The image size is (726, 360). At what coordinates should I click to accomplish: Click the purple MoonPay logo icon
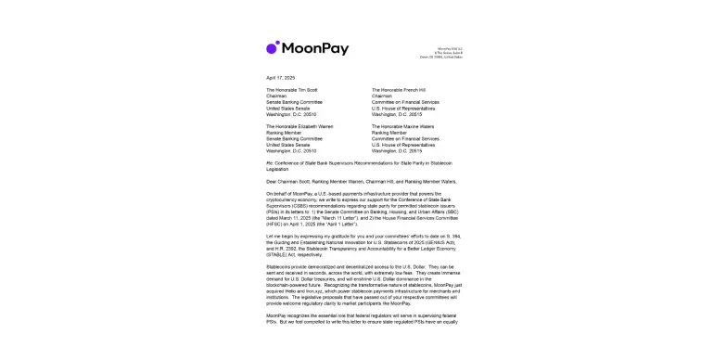(273, 47)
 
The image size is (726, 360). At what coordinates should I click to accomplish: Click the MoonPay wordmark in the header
(314, 47)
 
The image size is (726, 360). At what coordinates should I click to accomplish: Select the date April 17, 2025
(279, 77)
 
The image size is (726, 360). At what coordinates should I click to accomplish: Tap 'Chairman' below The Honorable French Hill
(382, 96)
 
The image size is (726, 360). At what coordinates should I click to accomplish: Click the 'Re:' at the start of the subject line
(269, 161)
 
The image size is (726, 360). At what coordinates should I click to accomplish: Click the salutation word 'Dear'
(271, 179)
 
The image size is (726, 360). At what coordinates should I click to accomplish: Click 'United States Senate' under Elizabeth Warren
(286, 144)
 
